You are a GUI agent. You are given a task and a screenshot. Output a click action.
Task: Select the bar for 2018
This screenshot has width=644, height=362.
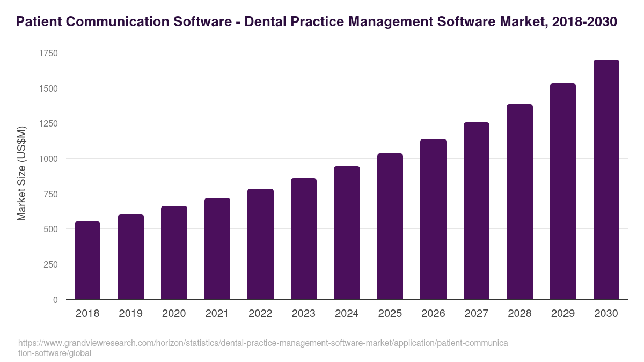pyautogui.click(x=87, y=261)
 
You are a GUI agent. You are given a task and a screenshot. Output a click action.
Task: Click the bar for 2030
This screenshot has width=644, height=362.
pyautogui.click(x=606, y=180)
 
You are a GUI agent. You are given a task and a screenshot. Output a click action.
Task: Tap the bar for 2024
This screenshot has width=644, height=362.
pyautogui.click(x=347, y=233)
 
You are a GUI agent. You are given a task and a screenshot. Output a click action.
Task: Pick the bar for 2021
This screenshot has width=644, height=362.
pyautogui.click(x=217, y=249)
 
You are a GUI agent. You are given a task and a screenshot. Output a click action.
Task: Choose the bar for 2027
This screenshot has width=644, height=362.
pyautogui.click(x=477, y=211)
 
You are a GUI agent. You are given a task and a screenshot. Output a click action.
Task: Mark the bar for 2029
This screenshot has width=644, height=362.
pyautogui.click(x=563, y=191)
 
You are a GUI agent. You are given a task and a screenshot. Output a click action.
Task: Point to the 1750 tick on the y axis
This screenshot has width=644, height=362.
pyautogui.click(x=48, y=53)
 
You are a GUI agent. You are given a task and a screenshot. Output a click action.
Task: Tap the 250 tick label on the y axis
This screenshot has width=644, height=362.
pyautogui.click(x=50, y=264)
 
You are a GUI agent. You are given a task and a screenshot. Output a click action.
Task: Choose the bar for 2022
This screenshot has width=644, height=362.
pyautogui.click(x=260, y=244)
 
